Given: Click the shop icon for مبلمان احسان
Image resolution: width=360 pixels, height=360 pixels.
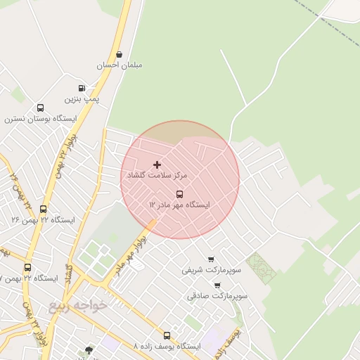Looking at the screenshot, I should click(119, 54).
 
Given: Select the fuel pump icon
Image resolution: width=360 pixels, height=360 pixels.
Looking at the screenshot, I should click(82, 89).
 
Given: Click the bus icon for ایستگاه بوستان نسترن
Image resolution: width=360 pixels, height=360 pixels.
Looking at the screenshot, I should click(40, 108).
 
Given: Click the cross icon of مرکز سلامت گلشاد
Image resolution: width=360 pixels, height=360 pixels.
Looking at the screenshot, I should click(156, 164).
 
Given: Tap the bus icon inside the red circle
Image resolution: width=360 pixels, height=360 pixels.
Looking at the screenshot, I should click(179, 193).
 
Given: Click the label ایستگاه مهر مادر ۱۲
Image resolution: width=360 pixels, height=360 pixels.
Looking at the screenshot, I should click(179, 205).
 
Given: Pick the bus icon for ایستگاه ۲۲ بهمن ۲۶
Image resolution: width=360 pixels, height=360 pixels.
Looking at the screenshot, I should click(44, 209).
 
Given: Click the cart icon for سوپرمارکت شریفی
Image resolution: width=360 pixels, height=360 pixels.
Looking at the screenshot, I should click(211, 259).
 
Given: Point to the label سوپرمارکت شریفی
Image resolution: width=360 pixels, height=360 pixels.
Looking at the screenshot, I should click(206, 270).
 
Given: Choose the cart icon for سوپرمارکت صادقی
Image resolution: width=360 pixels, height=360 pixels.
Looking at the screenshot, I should click(217, 285).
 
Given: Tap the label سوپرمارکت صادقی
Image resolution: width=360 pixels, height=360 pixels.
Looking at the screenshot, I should click(218, 296).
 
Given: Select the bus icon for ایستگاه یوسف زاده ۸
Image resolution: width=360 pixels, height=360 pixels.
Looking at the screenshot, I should click(167, 335).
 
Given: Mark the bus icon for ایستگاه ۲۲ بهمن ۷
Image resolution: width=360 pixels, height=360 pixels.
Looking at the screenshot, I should click(28, 267).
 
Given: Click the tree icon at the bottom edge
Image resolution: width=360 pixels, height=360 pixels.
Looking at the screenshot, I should click(89, 350).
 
